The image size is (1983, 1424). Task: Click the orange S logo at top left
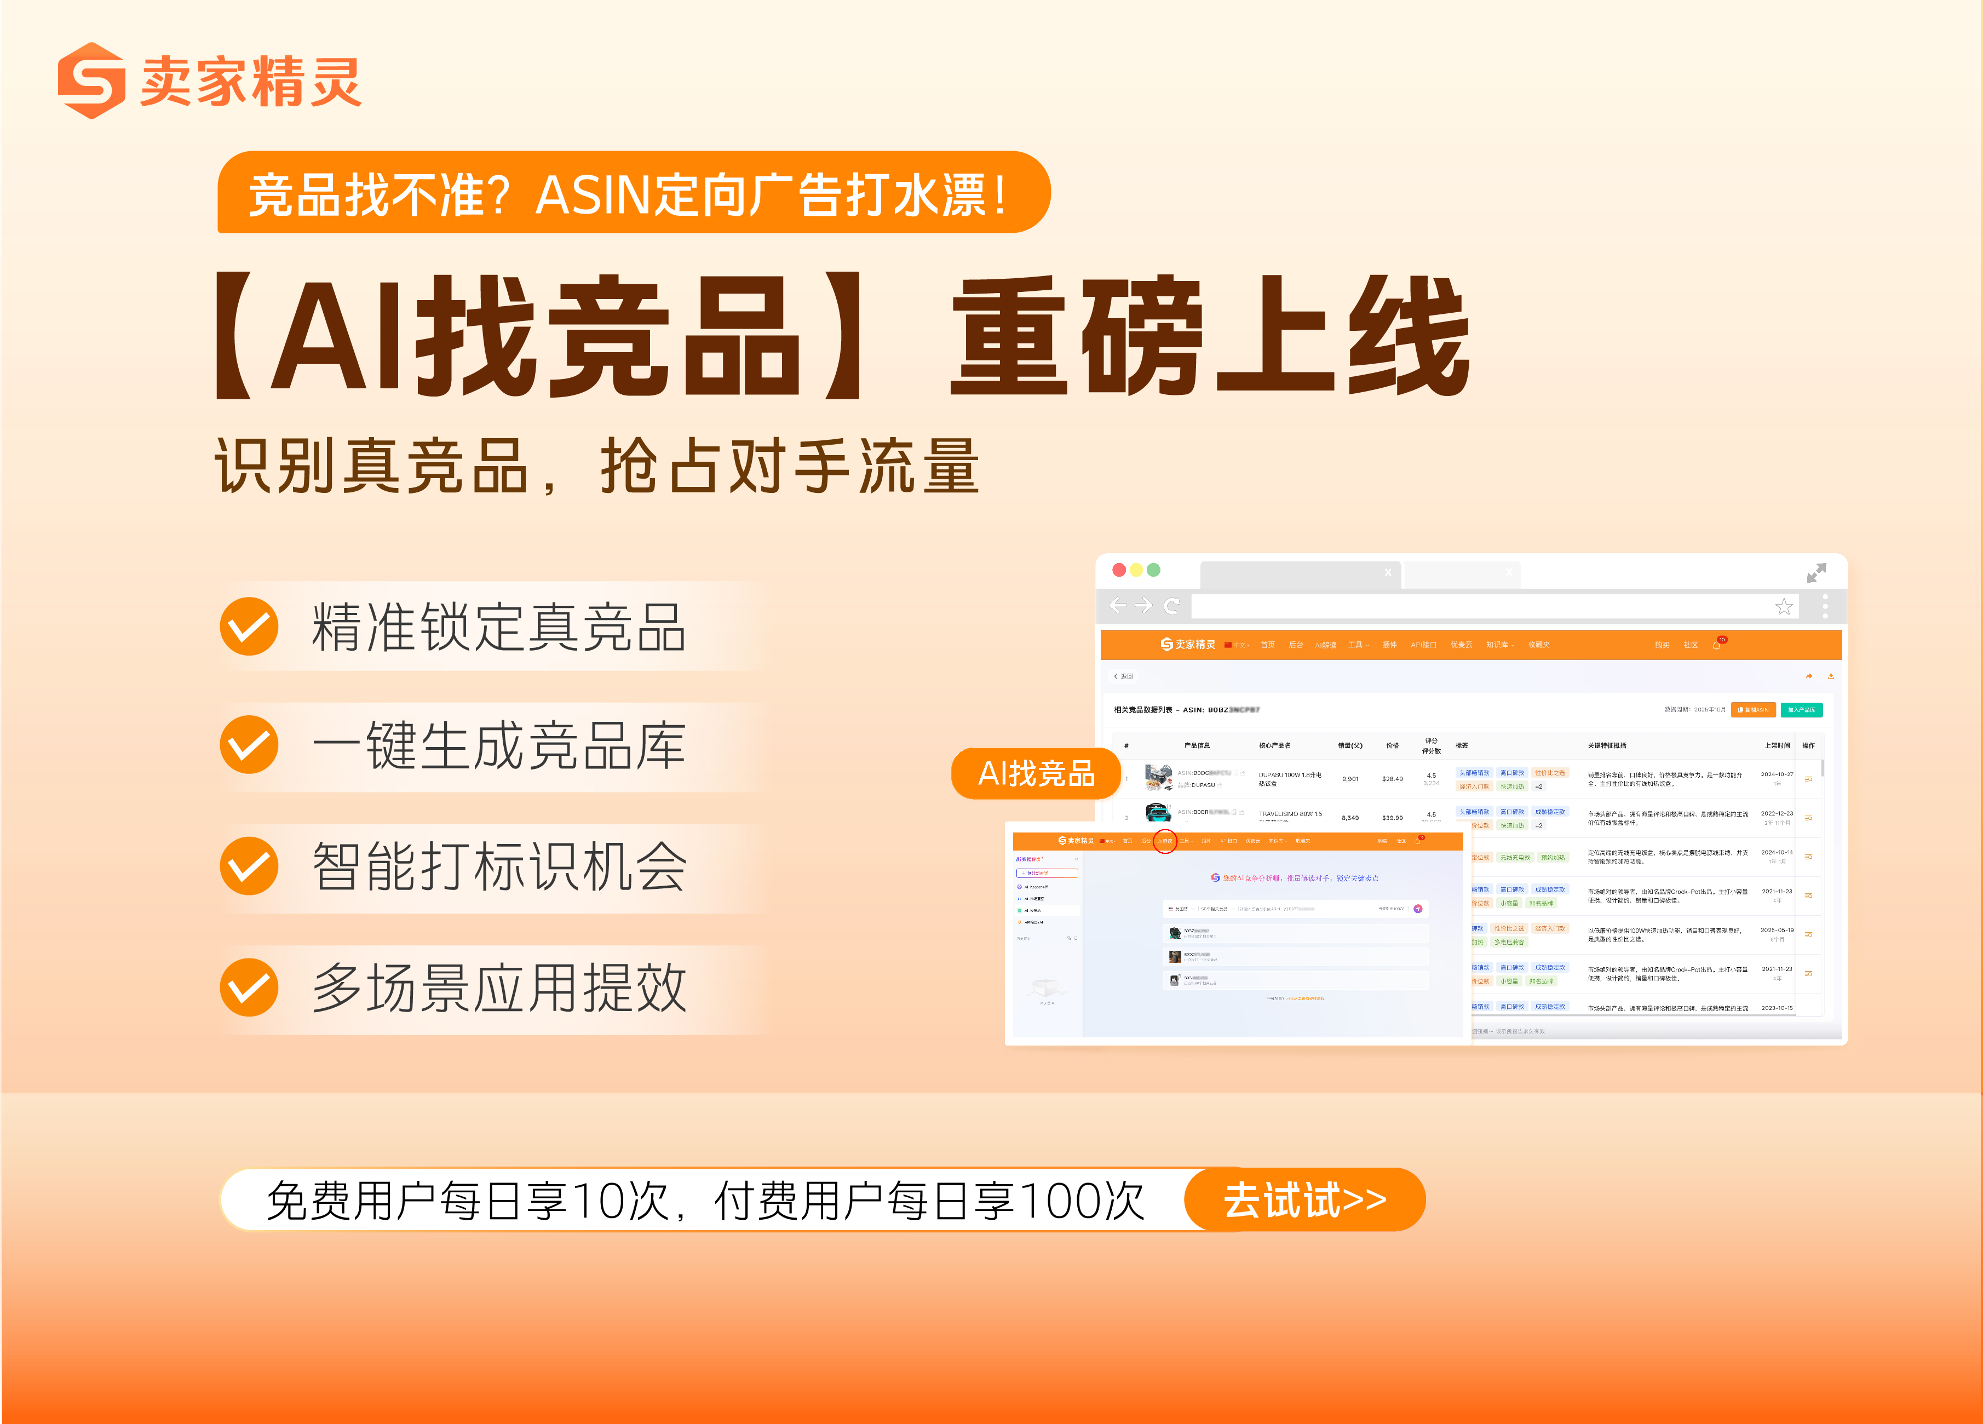coord(91,81)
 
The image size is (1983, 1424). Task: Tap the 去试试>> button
coord(1304,1200)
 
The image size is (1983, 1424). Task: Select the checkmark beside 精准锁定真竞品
coord(249,627)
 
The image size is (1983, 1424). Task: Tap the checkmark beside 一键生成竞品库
coord(249,745)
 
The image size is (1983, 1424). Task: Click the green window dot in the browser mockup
coord(1153,570)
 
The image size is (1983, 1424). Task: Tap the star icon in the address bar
coord(1784,607)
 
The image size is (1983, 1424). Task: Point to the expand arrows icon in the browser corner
coord(1816,572)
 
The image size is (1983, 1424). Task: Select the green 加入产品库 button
coord(1801,710)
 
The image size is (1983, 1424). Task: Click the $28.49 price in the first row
coord(1392,779)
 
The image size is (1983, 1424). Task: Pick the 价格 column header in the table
coord(1392,745)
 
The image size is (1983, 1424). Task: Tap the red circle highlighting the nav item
coord(1165,841)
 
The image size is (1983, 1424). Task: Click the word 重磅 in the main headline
coord(1080,336)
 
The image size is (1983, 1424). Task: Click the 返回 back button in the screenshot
coord(1124,676)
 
